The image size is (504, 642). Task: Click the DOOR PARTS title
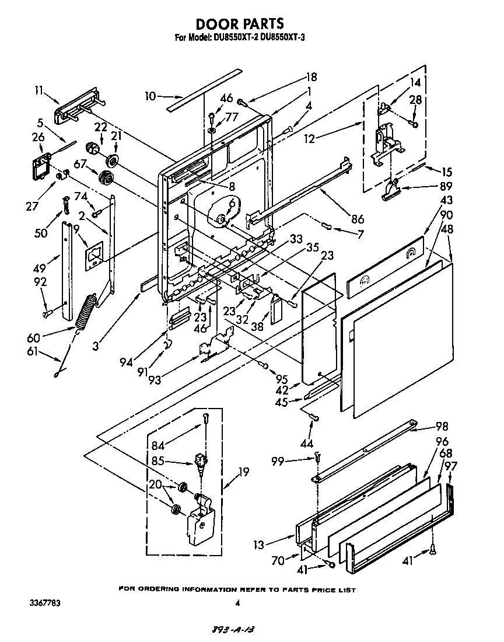tap(240, 23)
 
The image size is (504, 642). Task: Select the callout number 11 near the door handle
tap(39, 90)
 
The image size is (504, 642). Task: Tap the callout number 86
tap(357, 219)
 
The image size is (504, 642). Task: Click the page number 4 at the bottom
tap(237, 603)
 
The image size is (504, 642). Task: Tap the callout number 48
tap(447, 229)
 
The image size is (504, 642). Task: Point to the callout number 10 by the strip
tap(150, 96)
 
